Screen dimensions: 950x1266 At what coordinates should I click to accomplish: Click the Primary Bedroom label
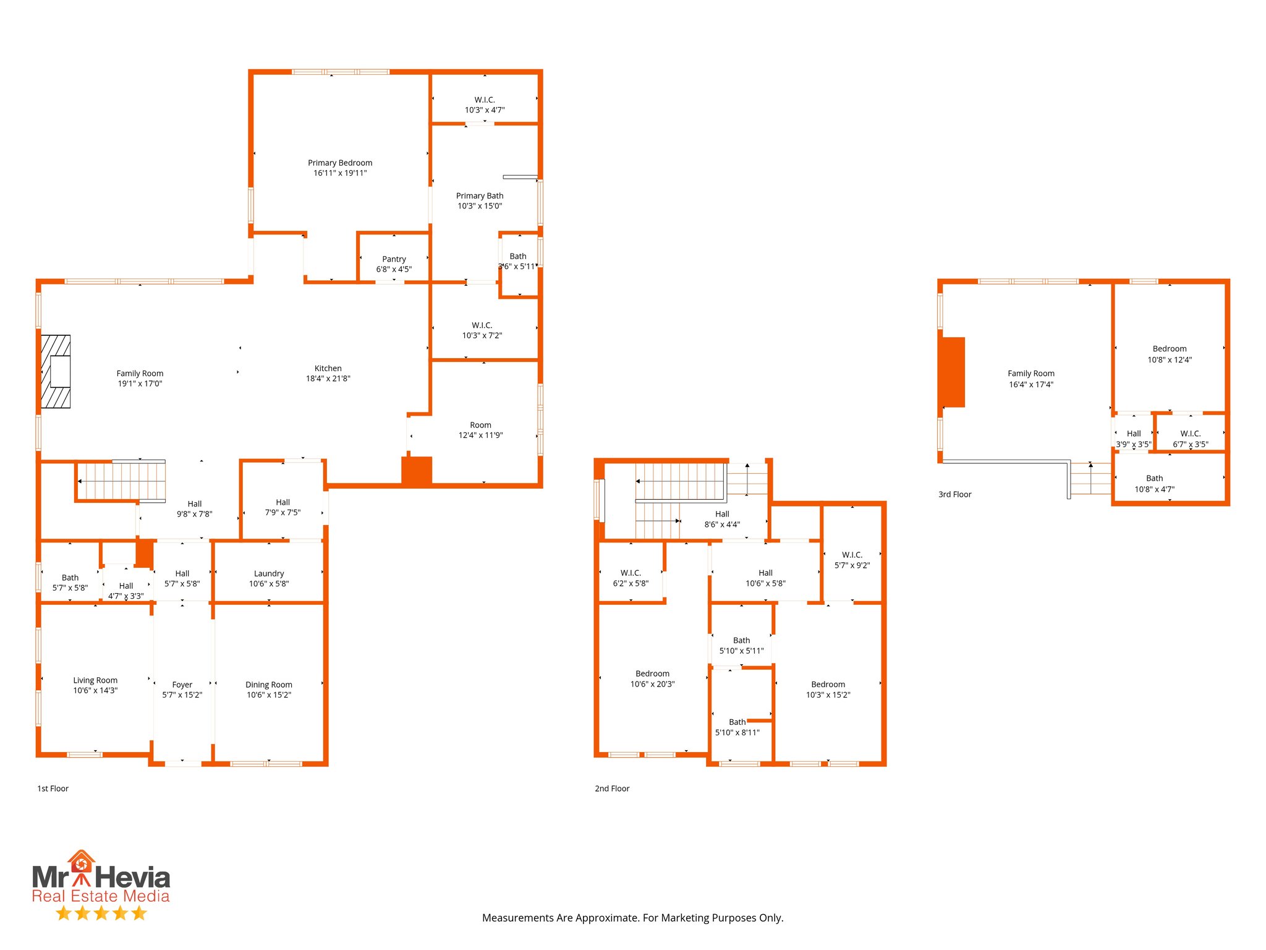[340, 163]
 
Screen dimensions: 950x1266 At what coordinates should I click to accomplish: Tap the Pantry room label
[394, 259]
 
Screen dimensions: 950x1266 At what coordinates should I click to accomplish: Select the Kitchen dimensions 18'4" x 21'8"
[328, 379]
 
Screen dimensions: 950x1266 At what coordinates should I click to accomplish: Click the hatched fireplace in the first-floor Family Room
[56, 371]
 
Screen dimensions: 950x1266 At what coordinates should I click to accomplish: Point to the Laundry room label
[269, 574]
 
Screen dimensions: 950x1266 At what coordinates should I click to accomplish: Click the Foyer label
[182, 685]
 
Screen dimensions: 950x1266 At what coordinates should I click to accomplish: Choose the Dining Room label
[269, 685]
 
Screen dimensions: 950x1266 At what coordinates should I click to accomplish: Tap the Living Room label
[95, 680]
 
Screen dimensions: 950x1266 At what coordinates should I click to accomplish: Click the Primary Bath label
[480, 196]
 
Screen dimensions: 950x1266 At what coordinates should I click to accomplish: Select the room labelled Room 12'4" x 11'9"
[480, 430]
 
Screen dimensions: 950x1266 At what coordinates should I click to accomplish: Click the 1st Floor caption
[53, 789]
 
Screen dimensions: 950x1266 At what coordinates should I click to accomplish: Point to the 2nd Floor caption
[612, 789]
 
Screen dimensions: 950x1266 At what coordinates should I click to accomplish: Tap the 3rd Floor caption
[955, 494]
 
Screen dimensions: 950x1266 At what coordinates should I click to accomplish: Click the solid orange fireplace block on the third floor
[953, 372]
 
